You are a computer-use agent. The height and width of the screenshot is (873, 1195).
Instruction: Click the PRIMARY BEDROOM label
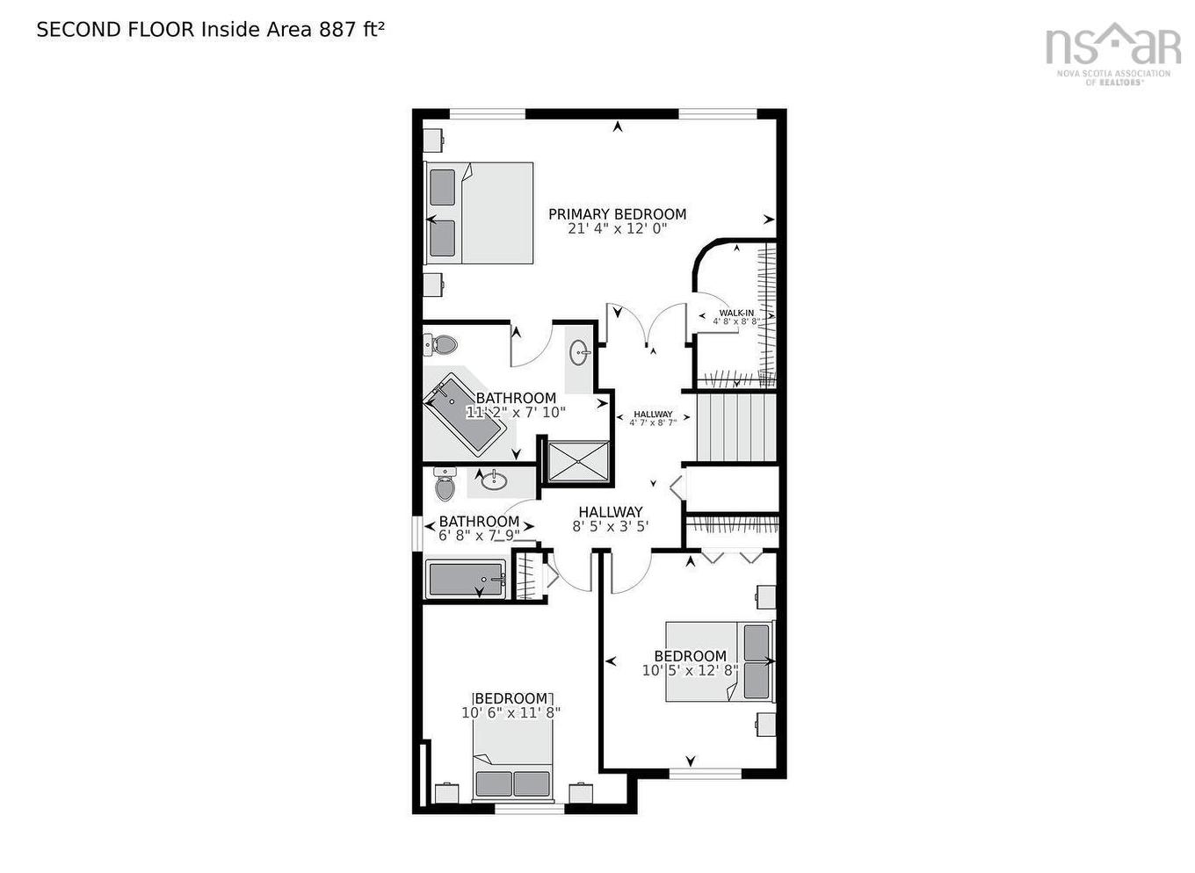(617, 214)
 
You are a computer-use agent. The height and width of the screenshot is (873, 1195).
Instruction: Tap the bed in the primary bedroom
(479, 213)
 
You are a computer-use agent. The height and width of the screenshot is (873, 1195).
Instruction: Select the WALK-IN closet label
(736, 313)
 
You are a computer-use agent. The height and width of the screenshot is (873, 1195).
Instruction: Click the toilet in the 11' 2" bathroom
(443, 343)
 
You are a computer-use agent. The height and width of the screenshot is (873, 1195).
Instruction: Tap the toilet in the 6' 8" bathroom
(445, 485)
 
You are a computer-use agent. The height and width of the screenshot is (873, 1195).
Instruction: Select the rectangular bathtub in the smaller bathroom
(466, 580)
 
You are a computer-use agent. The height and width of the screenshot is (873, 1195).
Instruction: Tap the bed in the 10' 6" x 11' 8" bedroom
(513, 764)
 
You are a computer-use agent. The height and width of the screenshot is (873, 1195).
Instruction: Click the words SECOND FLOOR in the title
(115, 29)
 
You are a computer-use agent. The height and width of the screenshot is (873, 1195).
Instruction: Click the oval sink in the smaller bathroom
(494, 480)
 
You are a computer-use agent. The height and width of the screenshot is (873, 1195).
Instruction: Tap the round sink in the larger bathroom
(581, 354)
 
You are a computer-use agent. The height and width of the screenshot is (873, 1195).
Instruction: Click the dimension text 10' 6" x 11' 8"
(511, 713)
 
